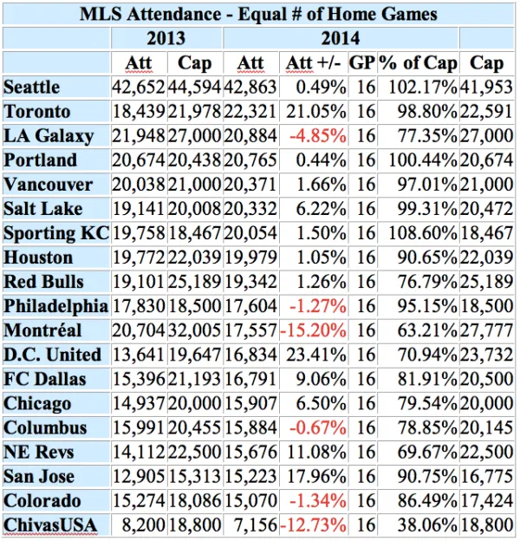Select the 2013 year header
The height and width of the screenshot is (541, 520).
[x=166, y=38]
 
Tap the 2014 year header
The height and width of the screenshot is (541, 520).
[x=340, y=38]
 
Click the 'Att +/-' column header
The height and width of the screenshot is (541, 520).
[x=315, y=62]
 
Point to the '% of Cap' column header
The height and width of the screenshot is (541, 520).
[x=418, y=62]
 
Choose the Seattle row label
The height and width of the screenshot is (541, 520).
[x=32, y=87]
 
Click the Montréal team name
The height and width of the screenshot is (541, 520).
[x=42, y=330]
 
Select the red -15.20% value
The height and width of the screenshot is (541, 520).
[x=314, y=330]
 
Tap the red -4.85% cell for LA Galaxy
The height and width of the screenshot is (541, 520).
[x=319, y=135]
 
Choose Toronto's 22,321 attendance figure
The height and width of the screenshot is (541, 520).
[x=251, y=111]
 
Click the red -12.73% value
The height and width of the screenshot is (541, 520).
[x=314, y=525]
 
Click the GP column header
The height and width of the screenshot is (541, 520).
[x=362, y=62]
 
